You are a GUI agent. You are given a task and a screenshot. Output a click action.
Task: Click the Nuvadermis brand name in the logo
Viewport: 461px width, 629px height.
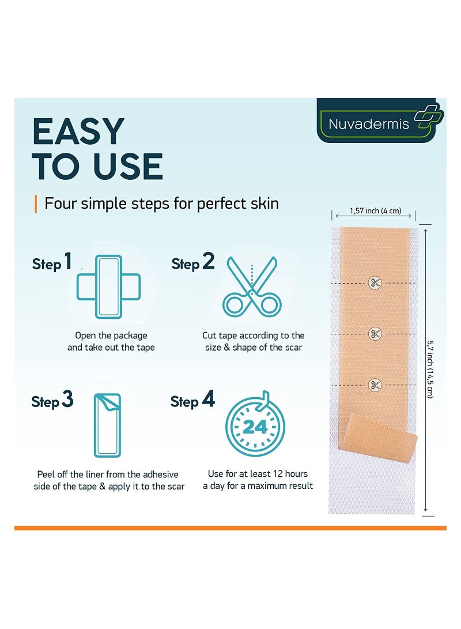coord(368,124)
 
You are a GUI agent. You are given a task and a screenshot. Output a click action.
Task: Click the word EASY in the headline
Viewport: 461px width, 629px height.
coord(78,131)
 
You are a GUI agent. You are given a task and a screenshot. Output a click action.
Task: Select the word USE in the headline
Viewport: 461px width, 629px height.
coord(128,167)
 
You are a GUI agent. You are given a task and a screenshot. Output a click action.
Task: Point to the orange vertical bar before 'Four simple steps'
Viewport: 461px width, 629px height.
coord(36,204)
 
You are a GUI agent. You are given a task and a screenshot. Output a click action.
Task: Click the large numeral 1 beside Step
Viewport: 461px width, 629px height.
coord(68,261)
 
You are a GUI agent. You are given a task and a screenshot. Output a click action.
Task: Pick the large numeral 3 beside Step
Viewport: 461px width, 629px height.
coord(68,399)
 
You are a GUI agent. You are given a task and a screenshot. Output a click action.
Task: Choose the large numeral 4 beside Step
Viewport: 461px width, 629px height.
coord(209,399)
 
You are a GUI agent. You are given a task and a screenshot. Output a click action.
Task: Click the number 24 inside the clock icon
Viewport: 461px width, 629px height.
coord(255,427)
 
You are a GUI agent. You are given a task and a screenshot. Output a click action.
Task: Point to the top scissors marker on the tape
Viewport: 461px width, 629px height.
coord(375,283)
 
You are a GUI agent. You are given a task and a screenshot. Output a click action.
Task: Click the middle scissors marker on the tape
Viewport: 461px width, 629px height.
coord(375,334)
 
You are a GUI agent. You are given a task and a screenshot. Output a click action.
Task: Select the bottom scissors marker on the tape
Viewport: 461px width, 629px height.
coord(375,385)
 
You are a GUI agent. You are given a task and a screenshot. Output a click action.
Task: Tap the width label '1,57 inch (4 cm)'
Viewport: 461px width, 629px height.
coord(375,210)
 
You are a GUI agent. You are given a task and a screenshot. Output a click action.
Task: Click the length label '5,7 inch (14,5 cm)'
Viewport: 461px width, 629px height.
coord(430,369)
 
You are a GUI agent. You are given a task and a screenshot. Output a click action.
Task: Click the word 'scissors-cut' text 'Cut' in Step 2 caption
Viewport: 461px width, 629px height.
coord(209,336)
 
